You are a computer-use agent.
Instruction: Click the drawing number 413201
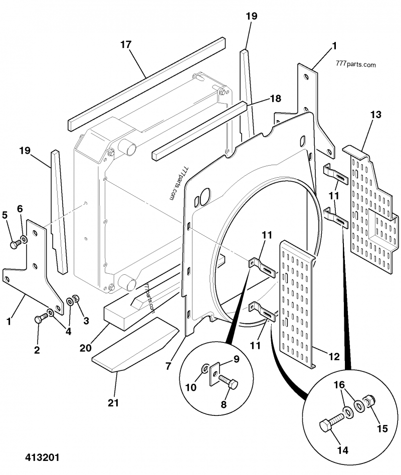pyautogui.click(x=42, y=457)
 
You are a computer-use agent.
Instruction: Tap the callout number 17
pyautogui.click(x=126, y=45)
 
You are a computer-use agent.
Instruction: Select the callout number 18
pyautogui.click(x=275, y=99)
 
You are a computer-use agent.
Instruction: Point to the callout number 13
pyautogui.click(x=376, y=115)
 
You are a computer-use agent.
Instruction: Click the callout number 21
pyautogui.click(x=113, y=403)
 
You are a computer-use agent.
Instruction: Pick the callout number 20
pyautogui.click(x=86, y=348)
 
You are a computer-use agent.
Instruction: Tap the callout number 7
pyautogui.click(x=168, y=366)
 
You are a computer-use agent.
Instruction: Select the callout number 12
pyautogui.click(x=334, y=356)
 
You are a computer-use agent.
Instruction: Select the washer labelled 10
pyautogui.click(x=205, y=369)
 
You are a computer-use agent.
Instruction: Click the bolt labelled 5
pyautogui.click(x=16, y=244)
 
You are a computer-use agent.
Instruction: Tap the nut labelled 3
pyautogui.click(x=76, y=298)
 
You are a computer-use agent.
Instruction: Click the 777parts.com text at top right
pyautogui.click(x=356, y=64)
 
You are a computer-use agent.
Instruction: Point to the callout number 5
pyautogui.click(x=5, y=215)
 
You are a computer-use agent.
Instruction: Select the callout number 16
pyautogui.click(x=339, y=385)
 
